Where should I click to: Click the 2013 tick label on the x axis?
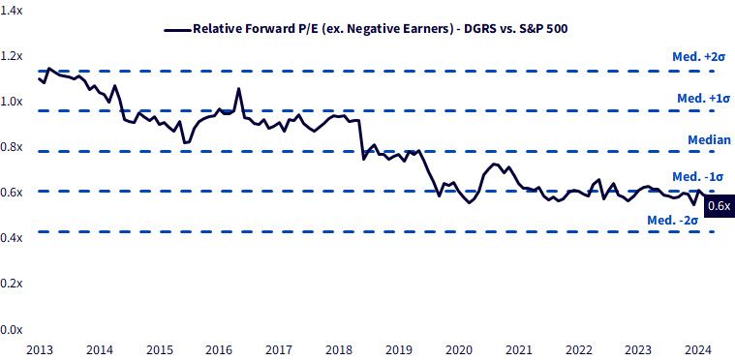pos(39,349)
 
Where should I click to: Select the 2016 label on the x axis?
pos(220,349)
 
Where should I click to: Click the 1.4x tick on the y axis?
pos(11,12)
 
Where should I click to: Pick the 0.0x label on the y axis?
pos(11,330)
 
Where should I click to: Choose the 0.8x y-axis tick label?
pos(11,147)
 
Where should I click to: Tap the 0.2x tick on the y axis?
pos(11,285)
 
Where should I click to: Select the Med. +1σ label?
pos(704,99)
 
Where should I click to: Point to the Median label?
pos(709,139)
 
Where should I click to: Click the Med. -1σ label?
pos(698,177)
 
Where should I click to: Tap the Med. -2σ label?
pos(673,219)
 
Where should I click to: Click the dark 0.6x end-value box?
pos(720,205)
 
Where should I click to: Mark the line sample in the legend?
pos(177,29)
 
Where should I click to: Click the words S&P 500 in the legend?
pos(544,29)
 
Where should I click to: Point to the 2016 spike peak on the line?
pos(238,88)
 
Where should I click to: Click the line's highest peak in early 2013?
pos(49,69)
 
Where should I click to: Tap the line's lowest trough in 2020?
pos(470,202)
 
